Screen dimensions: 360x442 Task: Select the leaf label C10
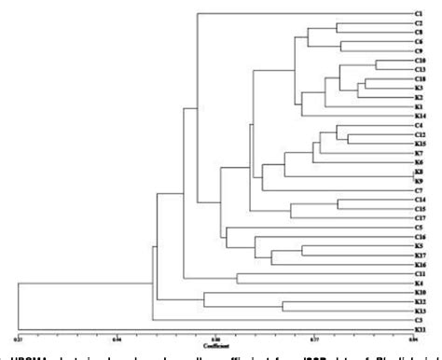[421, 60]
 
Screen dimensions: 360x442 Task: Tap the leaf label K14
[421, 116]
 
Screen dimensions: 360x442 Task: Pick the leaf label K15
[421, 144]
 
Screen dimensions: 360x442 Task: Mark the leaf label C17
[421, 217]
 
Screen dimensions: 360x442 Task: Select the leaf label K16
[421, 264]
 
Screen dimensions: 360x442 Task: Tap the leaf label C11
[421, 273]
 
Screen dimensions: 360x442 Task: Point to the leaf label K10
[421, 292]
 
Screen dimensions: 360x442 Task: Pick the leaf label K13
[421, 311]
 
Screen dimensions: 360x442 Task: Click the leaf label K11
[421, 329]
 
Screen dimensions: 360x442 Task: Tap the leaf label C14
[421, 200]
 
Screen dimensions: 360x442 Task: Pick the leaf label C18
[421, 78]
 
